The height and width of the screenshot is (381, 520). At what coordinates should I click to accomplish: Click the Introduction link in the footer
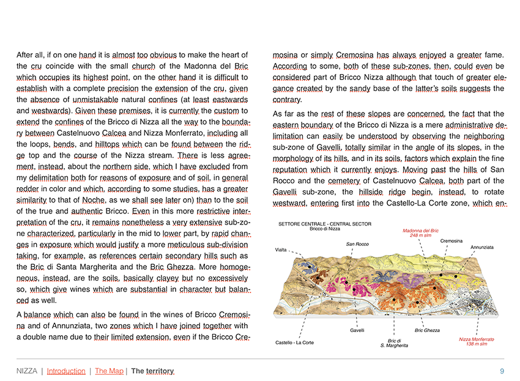pyautogui.click(x=66, y=371)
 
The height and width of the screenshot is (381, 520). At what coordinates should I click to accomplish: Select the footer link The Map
pyautogui.click(x=109, y=371)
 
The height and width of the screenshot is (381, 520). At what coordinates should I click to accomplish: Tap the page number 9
pyautogui.click(x=502, y=371)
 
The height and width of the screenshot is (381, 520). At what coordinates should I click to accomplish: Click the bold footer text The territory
pyautogui.click(x=152, y=371)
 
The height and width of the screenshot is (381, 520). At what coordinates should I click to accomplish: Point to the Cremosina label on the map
pyautogui.click(x=451, y=241)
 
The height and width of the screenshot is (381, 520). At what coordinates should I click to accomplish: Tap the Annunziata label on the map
pyautogui.click(x=482, y=247)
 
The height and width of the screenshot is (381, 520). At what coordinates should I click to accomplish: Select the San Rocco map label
pyautogui.click(x=358, y=244)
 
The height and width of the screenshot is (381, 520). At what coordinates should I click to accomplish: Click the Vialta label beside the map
pyautogui.click(x=281, y=250)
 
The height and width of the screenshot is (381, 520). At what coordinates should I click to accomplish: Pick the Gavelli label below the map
pyautogui.click(x=357, y=331)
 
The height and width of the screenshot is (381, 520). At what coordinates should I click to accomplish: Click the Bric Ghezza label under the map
pyautogui.click(x=427, y=331)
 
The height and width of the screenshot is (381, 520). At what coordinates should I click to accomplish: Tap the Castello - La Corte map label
pyautogui.click(x=295, y=342)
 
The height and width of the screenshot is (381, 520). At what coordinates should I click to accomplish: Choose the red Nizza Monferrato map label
pyautogui.click(x=476, y=339)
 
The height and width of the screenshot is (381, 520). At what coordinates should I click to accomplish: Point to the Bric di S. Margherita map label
pyautogui.click(x=395, y=343)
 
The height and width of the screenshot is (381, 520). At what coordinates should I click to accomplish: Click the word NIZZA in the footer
pyautogui.click(x=26, y=371)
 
